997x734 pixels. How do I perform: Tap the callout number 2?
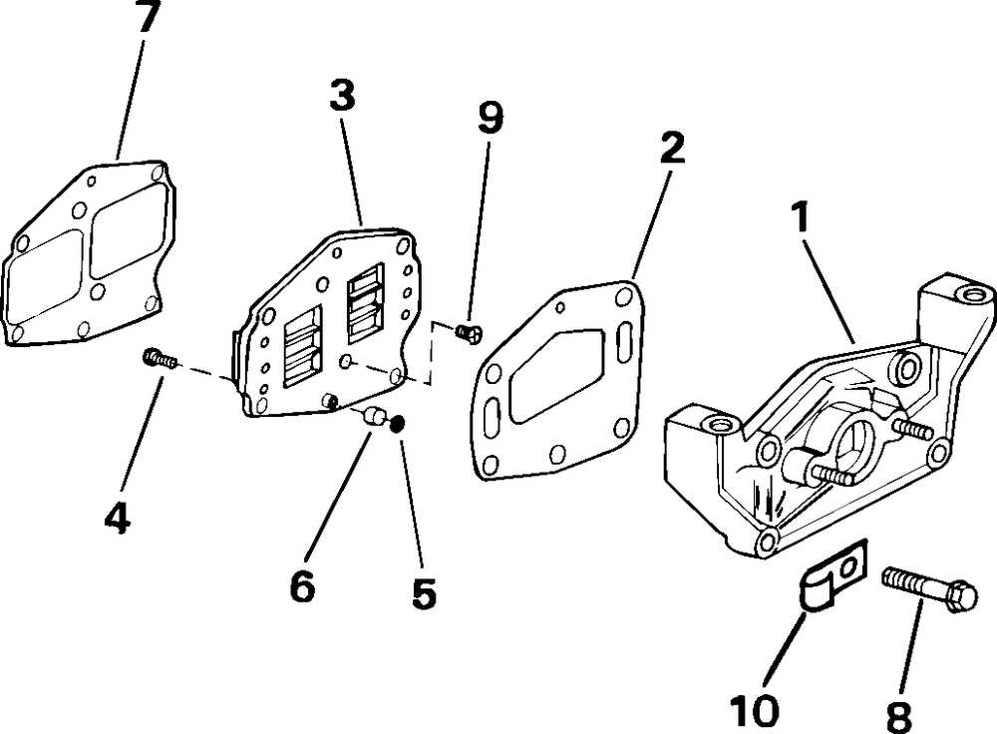coord(672,147)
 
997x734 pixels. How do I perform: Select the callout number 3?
coord(342,96)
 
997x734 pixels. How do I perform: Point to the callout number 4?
coord(118,517)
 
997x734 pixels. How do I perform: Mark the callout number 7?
coord(148,18)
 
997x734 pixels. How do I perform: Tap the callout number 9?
coord(491,118)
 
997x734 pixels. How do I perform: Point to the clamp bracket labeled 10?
coord(831,581)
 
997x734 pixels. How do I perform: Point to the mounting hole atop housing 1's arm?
coord(968,295)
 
